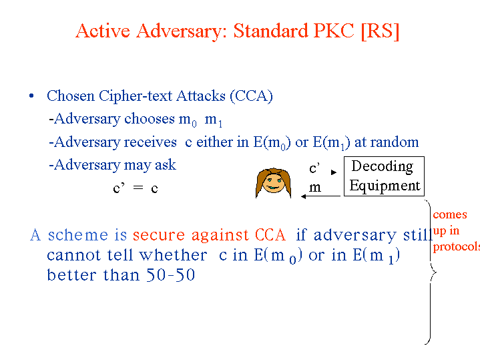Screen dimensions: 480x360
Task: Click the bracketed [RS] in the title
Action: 381,31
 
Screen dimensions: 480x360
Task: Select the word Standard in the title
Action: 270,31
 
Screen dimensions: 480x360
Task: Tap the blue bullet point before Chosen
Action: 31,96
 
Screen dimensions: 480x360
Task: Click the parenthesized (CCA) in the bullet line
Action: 251,96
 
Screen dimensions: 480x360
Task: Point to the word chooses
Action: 150,119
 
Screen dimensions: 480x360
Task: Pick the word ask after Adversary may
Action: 166,165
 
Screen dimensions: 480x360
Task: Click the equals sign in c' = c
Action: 138,187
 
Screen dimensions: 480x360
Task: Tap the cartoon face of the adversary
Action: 273,182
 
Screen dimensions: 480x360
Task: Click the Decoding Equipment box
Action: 384,176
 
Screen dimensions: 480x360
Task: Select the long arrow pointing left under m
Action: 320,196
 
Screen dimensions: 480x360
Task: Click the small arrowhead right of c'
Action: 334,172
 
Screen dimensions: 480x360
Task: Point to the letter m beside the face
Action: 314,187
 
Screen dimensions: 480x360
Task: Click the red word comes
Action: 450,214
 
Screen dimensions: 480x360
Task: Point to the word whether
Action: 173,255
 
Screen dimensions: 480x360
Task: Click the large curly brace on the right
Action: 431,272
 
